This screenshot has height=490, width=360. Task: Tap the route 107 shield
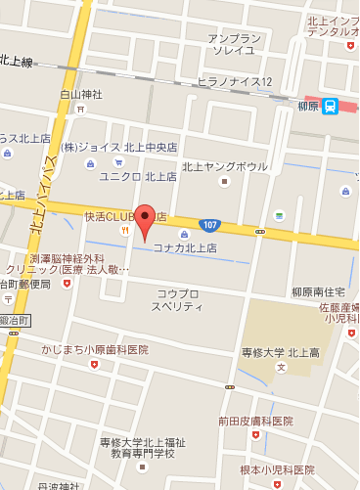point(209,224)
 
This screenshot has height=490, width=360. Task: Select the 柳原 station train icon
point(331,107)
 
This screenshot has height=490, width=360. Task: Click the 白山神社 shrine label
point(81,95)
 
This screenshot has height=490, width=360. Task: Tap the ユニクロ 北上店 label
point(137,177)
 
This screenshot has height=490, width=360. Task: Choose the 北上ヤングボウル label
point(224,164)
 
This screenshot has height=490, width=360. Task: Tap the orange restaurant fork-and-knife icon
point(125,231)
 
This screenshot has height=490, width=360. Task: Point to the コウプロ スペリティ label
point(179,299)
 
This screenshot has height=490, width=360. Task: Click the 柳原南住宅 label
point(318,291)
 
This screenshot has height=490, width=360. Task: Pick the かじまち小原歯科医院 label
point(94,349)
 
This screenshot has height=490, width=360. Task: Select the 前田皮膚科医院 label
point(255,421)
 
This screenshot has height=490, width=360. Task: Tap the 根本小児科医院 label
point(277,469)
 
